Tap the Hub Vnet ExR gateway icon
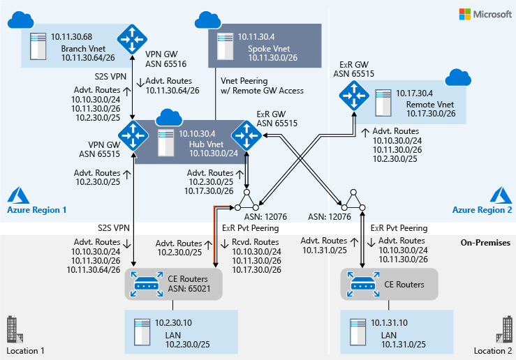tap(246, 133)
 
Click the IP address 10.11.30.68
tap(73, 35)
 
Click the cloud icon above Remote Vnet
tap(458, 77)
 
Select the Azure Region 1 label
tap(37, 210)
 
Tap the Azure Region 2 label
tap(482, 210)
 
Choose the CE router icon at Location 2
tap(362, 283)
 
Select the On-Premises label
tap(485, 243)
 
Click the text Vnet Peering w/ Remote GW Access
tap(261, 86)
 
